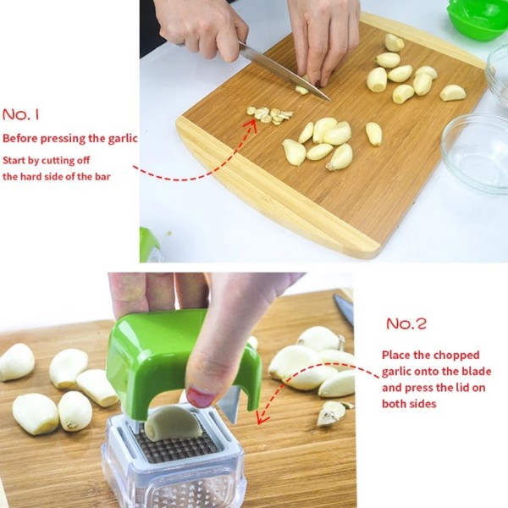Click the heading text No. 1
tap(20, 114)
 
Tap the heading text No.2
tap(406, 323)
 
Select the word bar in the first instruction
tap(102, 177)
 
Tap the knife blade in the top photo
tap(285, 71)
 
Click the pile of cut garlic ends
tap(269, 115)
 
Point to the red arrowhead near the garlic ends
tap(251, 125)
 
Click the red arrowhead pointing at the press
tap(262, 417)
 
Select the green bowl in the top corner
tap(477, 20)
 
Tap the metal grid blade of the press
tap(177, 444)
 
